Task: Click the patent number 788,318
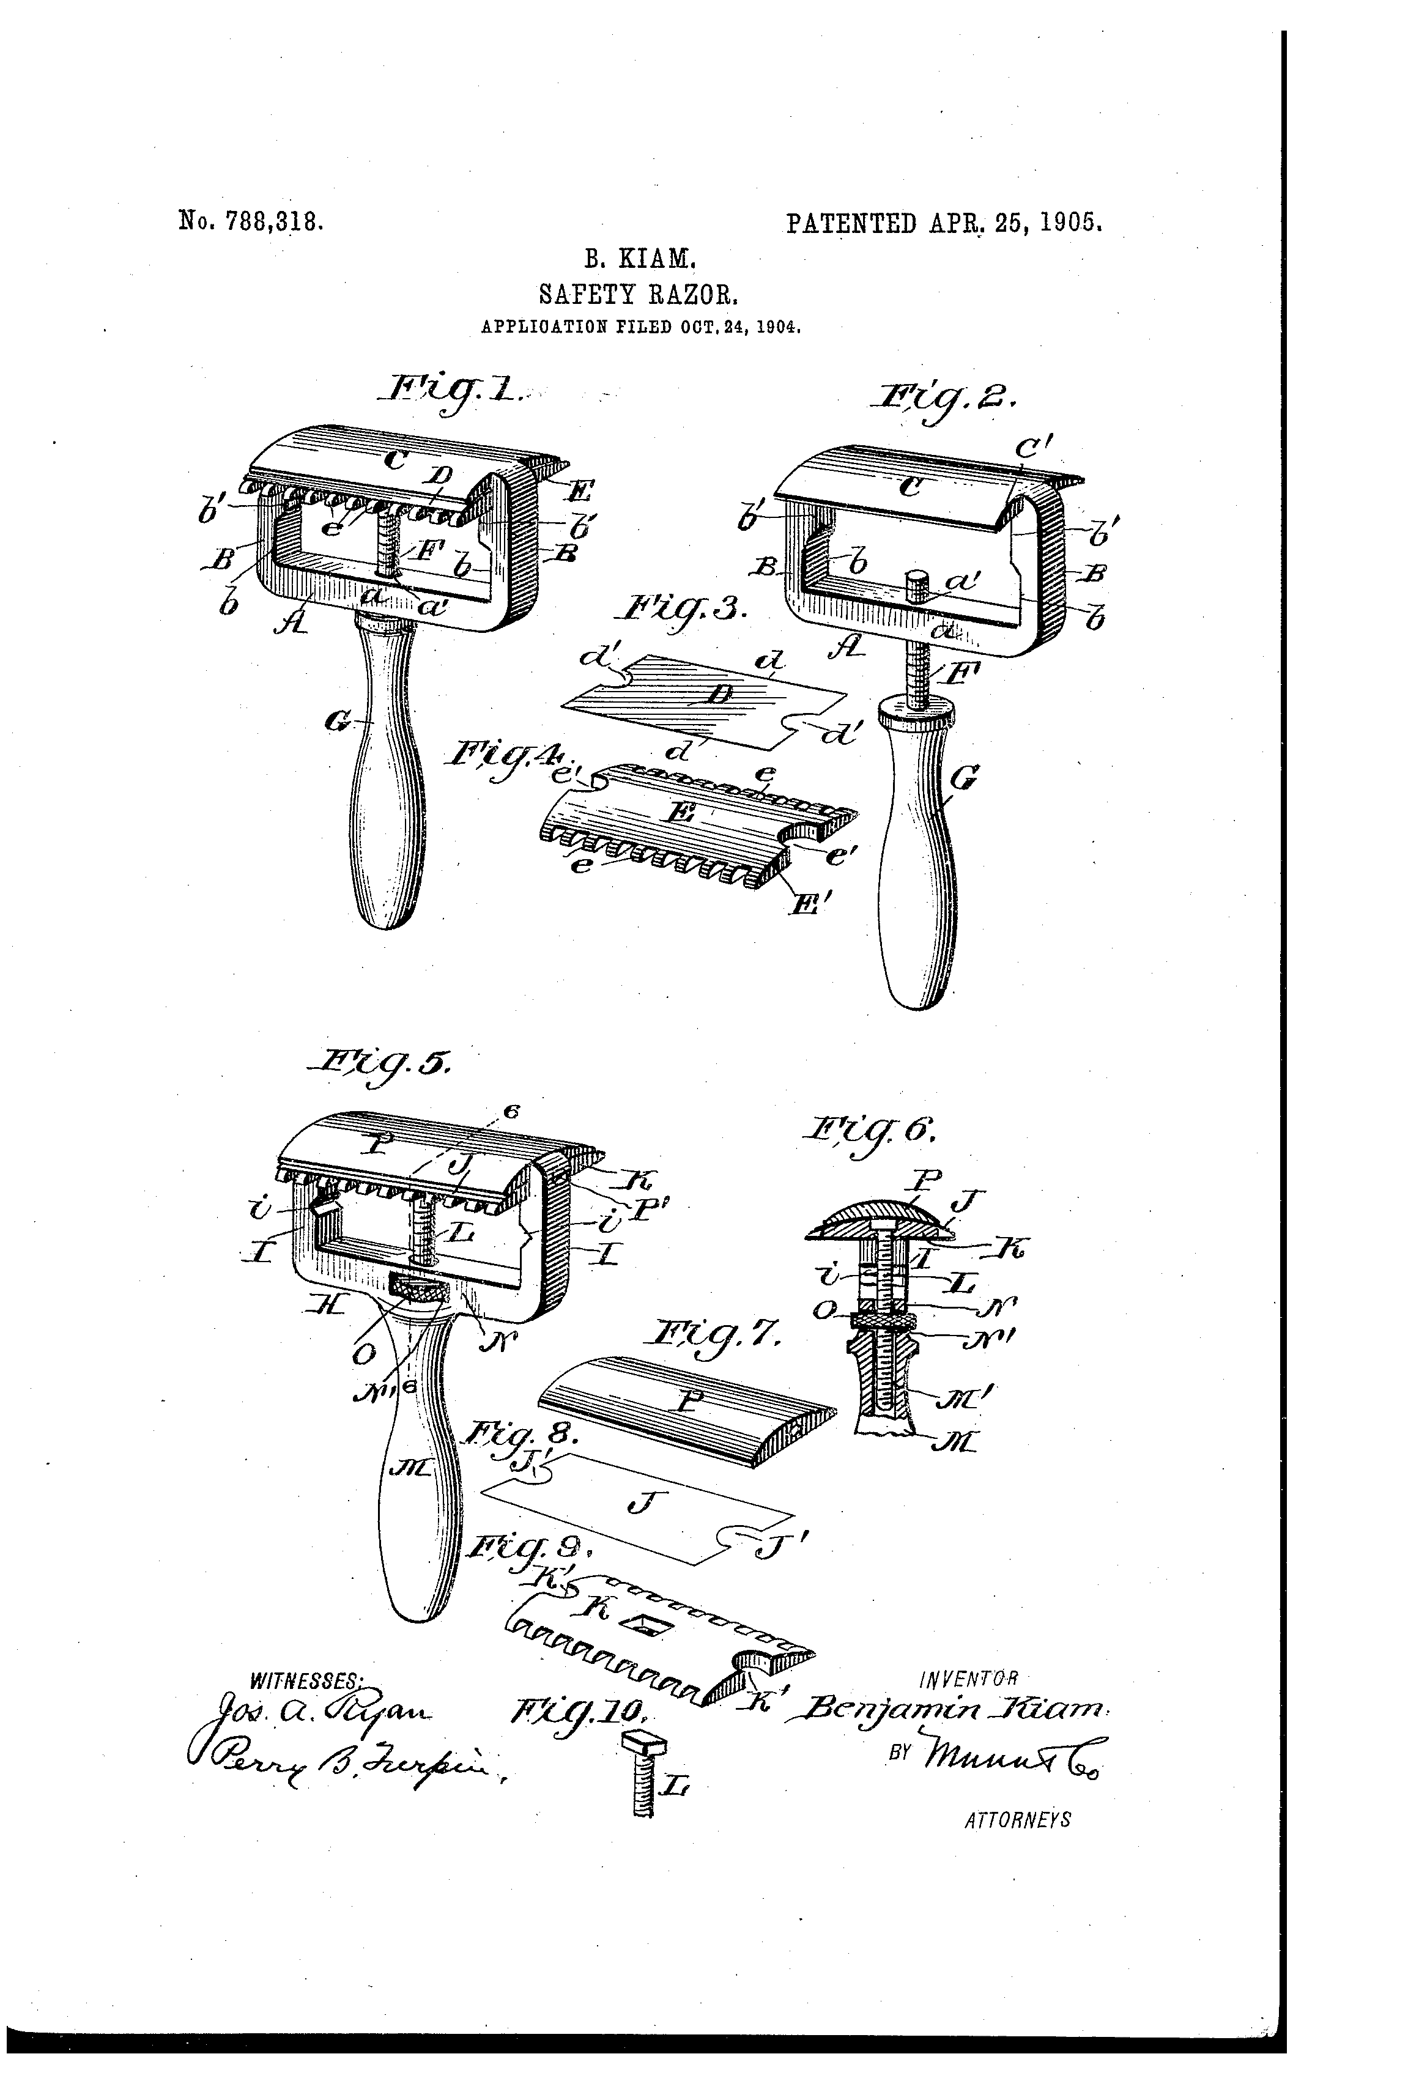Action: [x=251, y=221]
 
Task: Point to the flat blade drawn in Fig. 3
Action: [x=709, y=700]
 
